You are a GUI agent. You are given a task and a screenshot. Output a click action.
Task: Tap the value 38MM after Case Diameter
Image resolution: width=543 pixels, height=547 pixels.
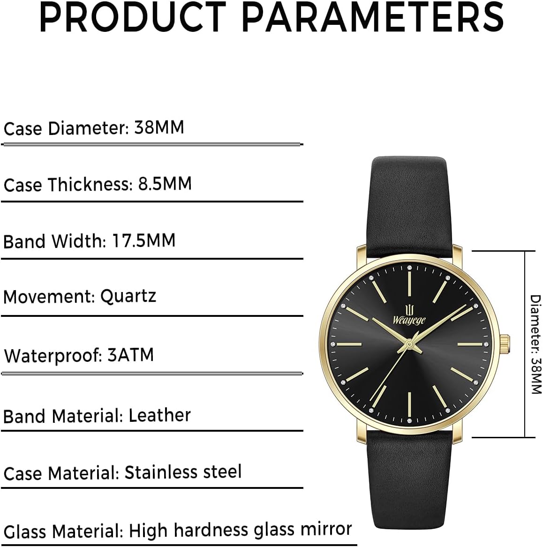coord(159,127)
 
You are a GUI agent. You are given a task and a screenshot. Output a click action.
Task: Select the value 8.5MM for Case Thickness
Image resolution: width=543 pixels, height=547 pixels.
coord(165,184)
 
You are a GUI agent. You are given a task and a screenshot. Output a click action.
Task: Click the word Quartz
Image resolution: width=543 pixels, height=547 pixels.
coord(128,296)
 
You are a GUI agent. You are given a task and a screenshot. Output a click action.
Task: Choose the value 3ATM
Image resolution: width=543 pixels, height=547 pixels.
coord(130,355)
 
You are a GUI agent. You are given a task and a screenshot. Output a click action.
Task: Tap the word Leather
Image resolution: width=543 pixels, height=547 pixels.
coord(159,415)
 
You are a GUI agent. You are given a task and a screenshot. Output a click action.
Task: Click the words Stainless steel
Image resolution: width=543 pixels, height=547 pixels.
coord(183,472)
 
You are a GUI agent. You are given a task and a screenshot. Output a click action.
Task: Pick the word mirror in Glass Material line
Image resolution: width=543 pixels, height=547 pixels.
coord(326,529)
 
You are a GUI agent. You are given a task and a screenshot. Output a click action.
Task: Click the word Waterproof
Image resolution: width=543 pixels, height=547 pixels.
coord(53,356)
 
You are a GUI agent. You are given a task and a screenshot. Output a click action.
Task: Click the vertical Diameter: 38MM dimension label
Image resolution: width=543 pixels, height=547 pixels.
coord(535,344)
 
